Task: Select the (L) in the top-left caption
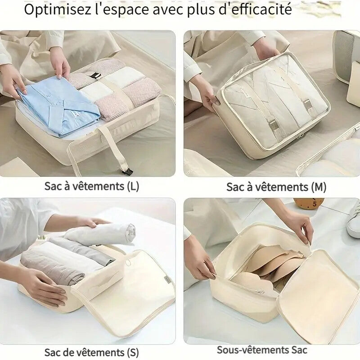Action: tap(133, 186)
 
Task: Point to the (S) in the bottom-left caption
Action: tap(133, 352)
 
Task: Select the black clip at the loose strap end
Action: tap(127, 171)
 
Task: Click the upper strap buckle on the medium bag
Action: tap(307, 104)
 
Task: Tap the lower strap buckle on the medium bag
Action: tap(272, 126)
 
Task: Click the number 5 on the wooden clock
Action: tap(315, 204)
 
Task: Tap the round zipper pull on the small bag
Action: tap(128, 262)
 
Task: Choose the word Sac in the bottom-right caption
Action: tap(299, 351)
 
